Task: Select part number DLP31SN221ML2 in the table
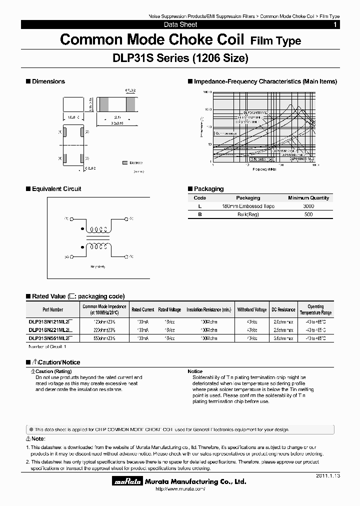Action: point(50,330)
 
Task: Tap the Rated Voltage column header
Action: point(169,309)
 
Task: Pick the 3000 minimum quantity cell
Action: point(308,206)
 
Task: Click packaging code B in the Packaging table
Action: point(200,214)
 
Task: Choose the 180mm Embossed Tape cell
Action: point(248,206)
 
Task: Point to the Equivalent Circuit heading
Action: point(56,189)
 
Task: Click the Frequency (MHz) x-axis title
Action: point(264,169)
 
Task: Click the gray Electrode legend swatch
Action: point(124,163)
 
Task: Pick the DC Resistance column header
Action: point(283,309)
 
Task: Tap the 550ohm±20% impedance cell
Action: point(104,338)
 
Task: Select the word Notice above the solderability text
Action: point(195,371)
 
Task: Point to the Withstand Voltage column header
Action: point(252,309)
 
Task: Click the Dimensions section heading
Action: point(48,81)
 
